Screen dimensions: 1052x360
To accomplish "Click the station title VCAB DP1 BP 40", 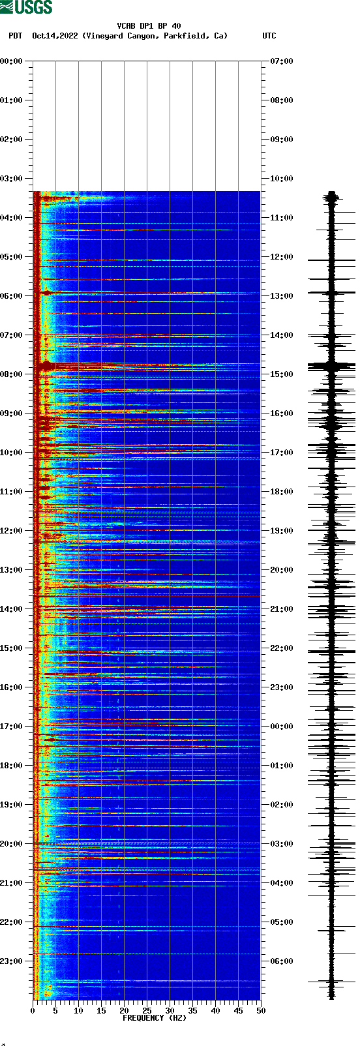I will pos(149,26).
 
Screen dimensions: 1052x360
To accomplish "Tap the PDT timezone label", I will pos(15,36).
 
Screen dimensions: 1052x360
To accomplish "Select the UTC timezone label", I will pos(269,36).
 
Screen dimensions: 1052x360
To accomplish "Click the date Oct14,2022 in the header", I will pos(55,36).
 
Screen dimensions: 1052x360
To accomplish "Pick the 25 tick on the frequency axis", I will pos(147,1010).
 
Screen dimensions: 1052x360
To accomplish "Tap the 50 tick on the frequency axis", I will pos(261,1010).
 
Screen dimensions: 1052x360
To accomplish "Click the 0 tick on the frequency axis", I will pos(33,1010).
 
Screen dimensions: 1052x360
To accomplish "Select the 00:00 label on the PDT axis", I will pos(11,61).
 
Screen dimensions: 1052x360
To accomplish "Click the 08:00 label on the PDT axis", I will pos(11,374).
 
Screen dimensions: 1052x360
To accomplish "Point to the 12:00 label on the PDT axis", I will pos(11,531).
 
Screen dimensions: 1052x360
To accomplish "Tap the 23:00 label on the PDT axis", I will pos(11,961).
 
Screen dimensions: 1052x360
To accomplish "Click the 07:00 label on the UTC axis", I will pos(282,61).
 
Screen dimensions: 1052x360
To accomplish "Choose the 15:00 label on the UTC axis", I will pos(282,374).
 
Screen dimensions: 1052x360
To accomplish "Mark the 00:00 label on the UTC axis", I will pos(282,727).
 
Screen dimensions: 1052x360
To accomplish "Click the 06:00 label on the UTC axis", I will pos(282,961).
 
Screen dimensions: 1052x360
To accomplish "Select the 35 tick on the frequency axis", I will pos(192,1010).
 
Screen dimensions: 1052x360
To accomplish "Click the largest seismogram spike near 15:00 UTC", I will pos(332,366).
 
